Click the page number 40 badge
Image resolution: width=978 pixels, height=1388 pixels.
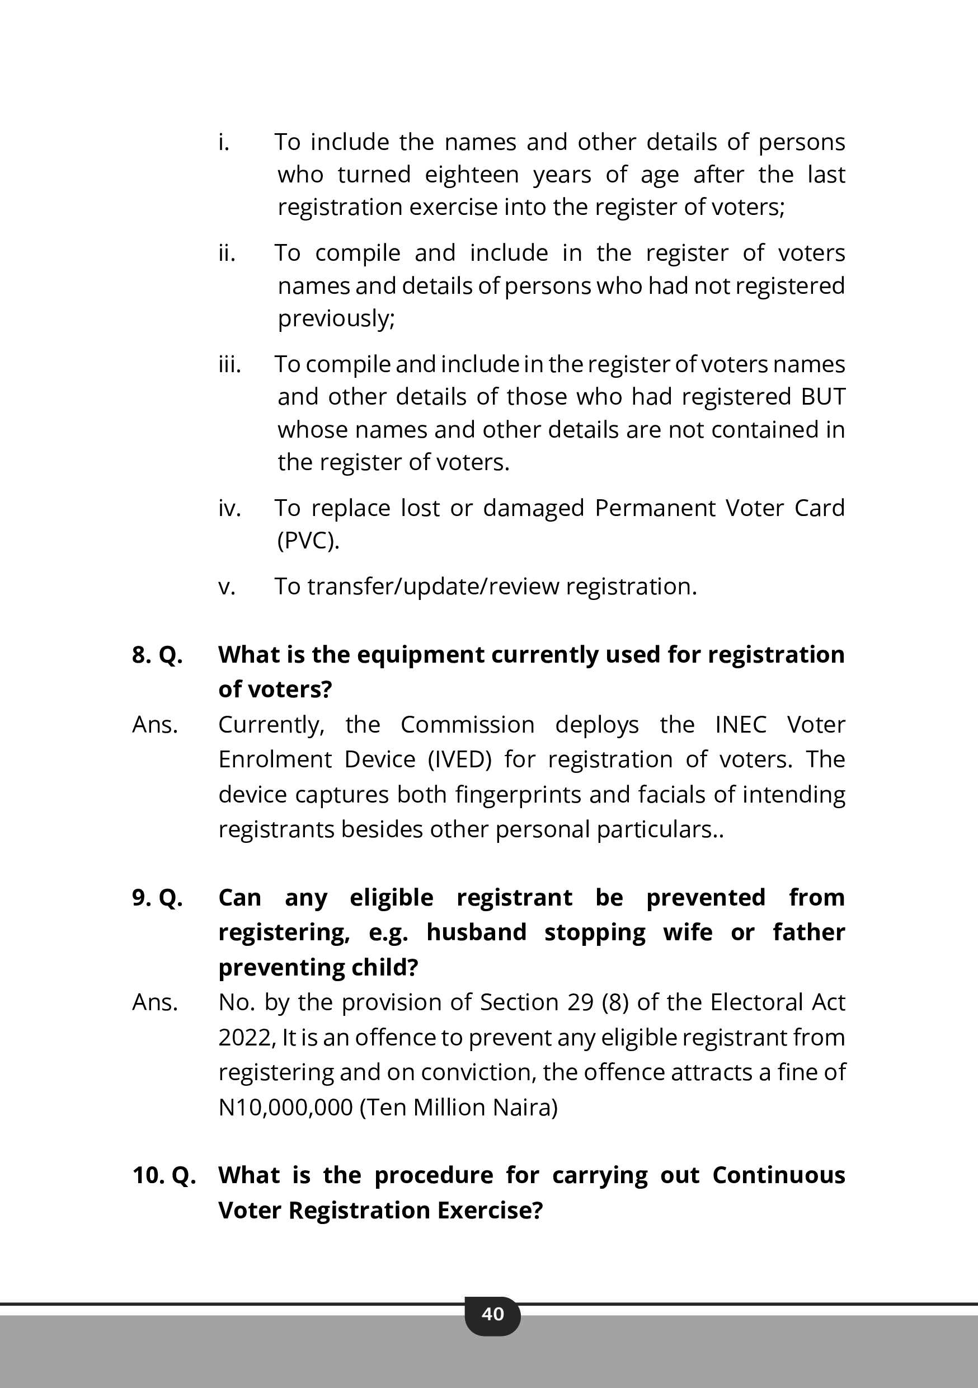(492, 1314)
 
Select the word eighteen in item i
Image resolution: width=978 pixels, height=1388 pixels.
(472, 175)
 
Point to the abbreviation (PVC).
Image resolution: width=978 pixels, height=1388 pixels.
(308, 541)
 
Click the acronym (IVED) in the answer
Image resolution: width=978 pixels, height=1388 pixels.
(459, 759)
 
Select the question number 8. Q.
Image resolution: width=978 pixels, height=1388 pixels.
(157, 655)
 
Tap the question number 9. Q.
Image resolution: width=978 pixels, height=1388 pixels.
(157, 898)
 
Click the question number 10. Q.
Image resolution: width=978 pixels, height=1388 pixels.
(164, 1175)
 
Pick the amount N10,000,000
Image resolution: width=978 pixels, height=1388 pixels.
(285, 1108)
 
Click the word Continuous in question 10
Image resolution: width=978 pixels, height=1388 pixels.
(778, 1175)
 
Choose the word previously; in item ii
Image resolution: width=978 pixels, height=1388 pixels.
(336, 318)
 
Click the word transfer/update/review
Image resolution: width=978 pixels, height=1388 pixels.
(433, 587)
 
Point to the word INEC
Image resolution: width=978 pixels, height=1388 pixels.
(740, 724)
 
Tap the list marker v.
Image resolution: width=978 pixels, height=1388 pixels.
(227, 587)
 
